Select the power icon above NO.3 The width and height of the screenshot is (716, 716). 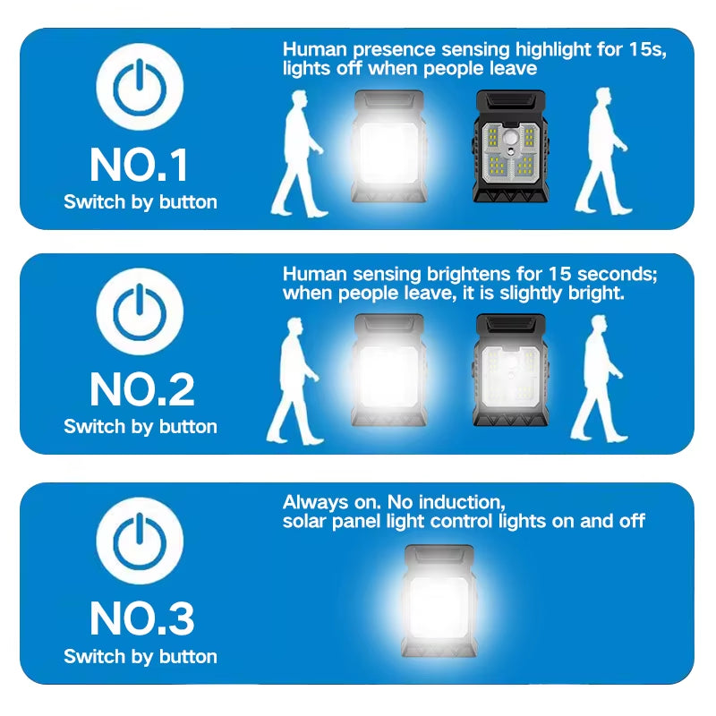tap(140, 541)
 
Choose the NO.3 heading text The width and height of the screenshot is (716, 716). tap(141, 618)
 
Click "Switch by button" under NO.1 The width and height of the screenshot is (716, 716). tap(141, 202)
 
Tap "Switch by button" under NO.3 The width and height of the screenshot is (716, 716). tap(141, 657)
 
